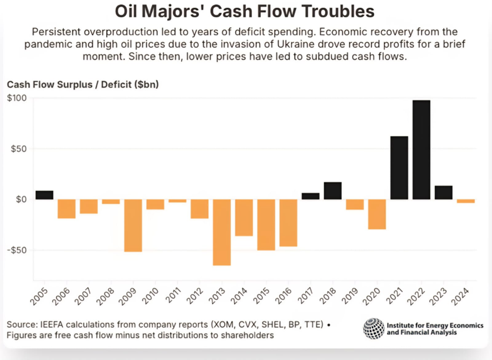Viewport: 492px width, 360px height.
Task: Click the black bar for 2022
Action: coord(421,149)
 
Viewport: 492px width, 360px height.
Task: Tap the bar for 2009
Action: coord(133,226)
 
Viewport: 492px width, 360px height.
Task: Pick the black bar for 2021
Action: coord(399,168)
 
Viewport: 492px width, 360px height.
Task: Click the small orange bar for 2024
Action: coord(465,201)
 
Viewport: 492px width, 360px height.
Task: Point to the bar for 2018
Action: coord(332,191)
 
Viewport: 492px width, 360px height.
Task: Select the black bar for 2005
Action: coord(44,195)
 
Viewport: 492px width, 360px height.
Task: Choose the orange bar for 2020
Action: coord(376,214)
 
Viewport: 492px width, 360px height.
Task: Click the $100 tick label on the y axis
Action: coord(16,98)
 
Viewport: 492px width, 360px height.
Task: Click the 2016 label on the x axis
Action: coord(285,296)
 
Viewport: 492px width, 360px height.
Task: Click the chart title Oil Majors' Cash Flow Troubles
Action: coord(245,11)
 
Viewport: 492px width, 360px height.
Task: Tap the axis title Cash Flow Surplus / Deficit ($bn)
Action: coord(83,84)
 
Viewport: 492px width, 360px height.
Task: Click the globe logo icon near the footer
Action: coord(374,328)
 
